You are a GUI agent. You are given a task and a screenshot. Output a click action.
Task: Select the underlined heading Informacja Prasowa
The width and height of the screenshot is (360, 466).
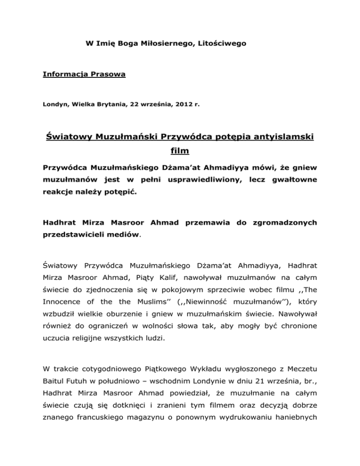tap(84, 74)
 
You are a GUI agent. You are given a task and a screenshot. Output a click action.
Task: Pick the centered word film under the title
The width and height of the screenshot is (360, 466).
tap(180, 152)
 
